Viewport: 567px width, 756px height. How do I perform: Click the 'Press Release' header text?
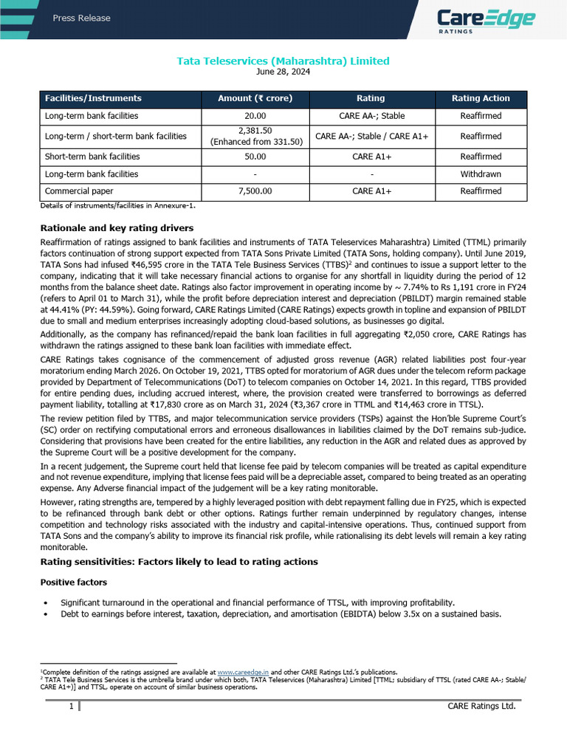click(x=81, y=18)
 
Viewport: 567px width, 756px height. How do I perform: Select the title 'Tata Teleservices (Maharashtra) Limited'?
click(x=283, y=61)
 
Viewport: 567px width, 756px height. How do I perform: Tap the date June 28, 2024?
click(x=283, y=72)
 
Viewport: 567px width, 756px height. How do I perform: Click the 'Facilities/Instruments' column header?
click(x=93, y=98)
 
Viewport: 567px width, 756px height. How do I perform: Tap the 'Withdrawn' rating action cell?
click(x=480, y=174)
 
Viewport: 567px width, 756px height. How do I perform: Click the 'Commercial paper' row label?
click(x=79, y=191)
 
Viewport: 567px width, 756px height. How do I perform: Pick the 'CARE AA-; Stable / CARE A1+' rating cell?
click(x=370, y=137)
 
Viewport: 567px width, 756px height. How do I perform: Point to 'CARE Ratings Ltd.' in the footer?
click(x=481, y=707)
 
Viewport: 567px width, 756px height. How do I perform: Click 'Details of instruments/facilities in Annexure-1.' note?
click(x=117, y=206)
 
